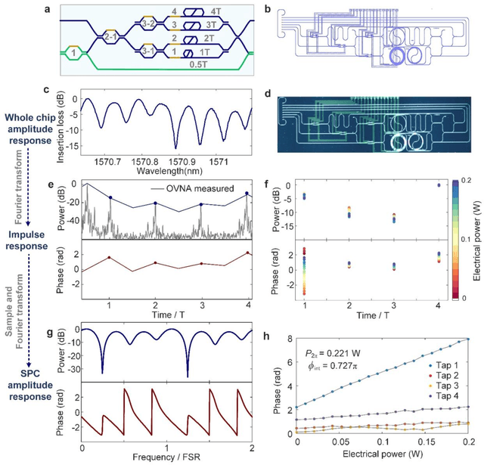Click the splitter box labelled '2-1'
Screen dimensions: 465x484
[x=110, y=35]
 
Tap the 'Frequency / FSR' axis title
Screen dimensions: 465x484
[x=165, y=458]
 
